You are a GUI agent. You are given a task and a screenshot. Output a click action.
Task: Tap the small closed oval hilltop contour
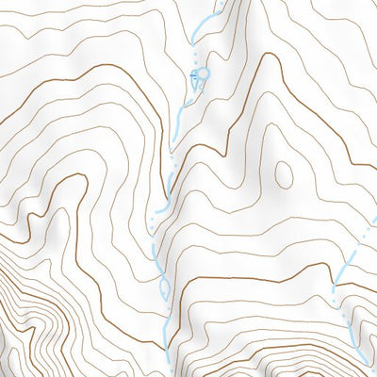(282, 173)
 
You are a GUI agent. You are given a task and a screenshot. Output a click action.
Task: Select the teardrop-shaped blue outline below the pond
(197, 86)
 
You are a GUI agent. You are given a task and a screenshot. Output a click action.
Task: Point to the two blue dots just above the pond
(199, 58)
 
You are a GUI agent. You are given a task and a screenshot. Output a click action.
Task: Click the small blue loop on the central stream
(164, 287)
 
